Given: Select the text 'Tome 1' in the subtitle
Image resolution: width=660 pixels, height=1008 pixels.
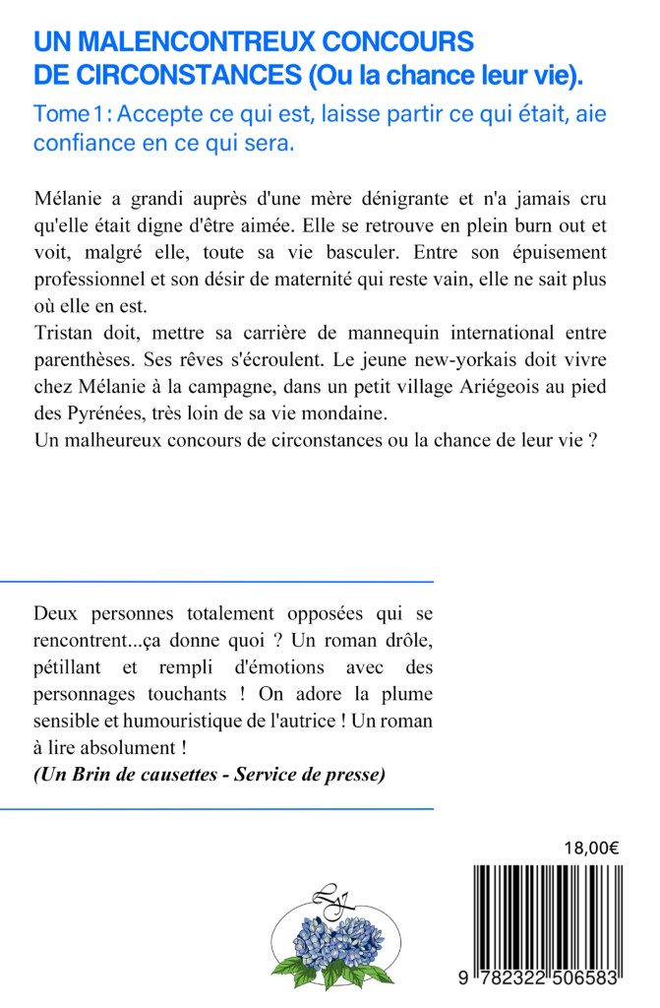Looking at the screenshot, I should [x=68, y=114].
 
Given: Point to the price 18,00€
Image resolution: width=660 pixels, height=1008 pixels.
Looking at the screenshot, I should [x=591, y=848].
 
